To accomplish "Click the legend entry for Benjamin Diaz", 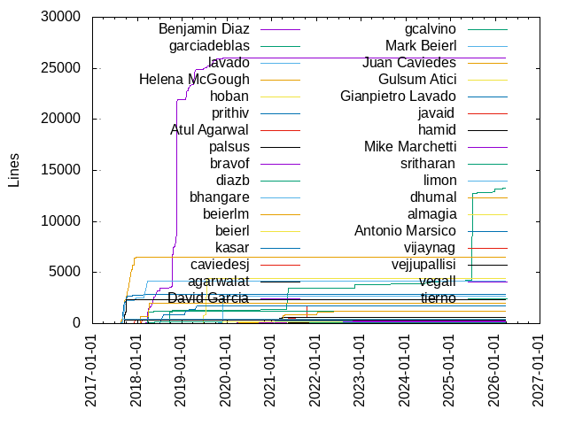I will coord(203,29).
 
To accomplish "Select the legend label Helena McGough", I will coord(194,80).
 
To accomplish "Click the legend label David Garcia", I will coord(208,297).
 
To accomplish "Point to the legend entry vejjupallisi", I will coord(423,264).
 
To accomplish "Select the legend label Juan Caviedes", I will coord(409,63).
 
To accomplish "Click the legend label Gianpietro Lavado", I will coord(398,97).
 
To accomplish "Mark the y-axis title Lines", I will coord(13,170).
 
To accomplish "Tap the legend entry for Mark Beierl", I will coord(420,46).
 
